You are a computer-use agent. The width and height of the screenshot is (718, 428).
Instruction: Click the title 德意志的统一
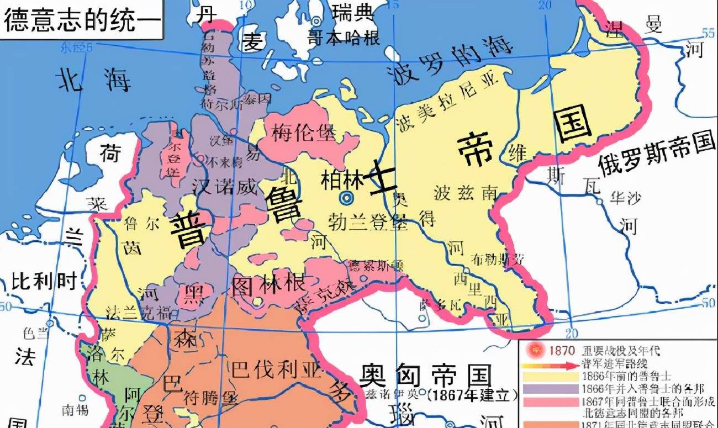(82, 20)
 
